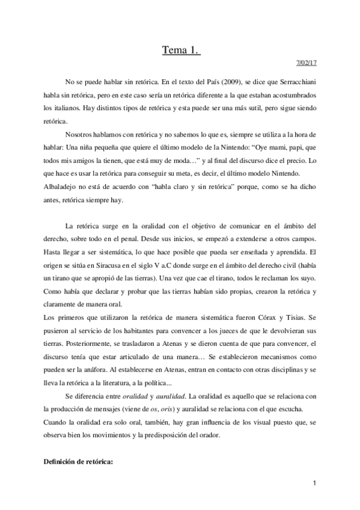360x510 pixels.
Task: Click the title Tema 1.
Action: (x=181, y=52)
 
